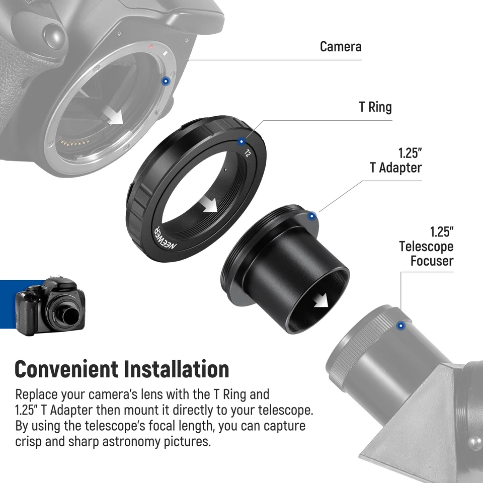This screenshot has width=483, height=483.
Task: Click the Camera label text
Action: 341,47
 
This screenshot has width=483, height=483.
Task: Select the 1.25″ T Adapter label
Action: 396,160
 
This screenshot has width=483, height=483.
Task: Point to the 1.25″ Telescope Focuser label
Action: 426,247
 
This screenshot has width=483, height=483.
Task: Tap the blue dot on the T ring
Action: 243,141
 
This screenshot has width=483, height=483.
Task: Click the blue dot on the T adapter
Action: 312,216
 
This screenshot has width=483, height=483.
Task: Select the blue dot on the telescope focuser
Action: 400,326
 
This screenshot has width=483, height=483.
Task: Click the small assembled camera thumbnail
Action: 50,305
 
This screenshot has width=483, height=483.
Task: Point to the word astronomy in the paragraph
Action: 140,442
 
